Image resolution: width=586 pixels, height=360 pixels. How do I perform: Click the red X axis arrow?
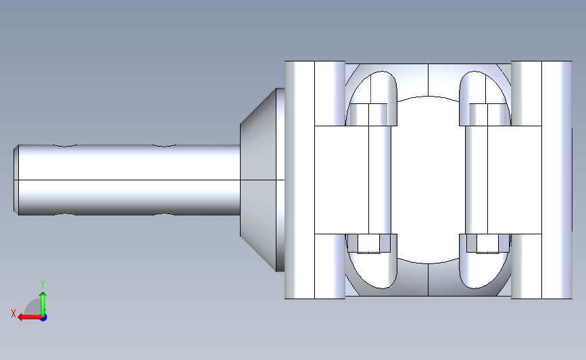30,317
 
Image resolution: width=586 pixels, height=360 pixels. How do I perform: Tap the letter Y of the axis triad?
42,284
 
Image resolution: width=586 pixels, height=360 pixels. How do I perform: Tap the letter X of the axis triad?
14,313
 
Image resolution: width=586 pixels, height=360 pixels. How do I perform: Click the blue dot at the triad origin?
43,317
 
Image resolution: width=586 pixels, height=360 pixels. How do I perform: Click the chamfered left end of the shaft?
16,180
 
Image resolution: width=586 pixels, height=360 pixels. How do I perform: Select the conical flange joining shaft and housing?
262,180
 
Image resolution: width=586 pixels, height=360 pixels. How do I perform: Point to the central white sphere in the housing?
428,180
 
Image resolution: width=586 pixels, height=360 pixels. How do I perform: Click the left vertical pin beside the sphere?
380,180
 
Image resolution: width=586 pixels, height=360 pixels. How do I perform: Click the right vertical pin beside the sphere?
477,180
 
